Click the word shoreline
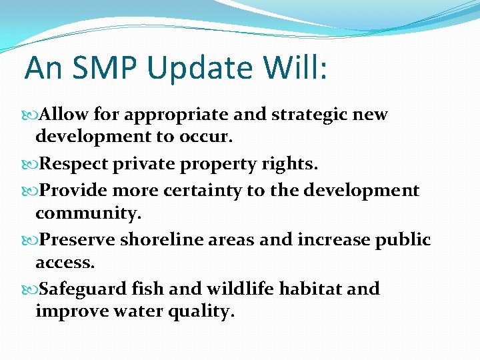160,239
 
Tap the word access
65,263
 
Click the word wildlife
232,289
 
